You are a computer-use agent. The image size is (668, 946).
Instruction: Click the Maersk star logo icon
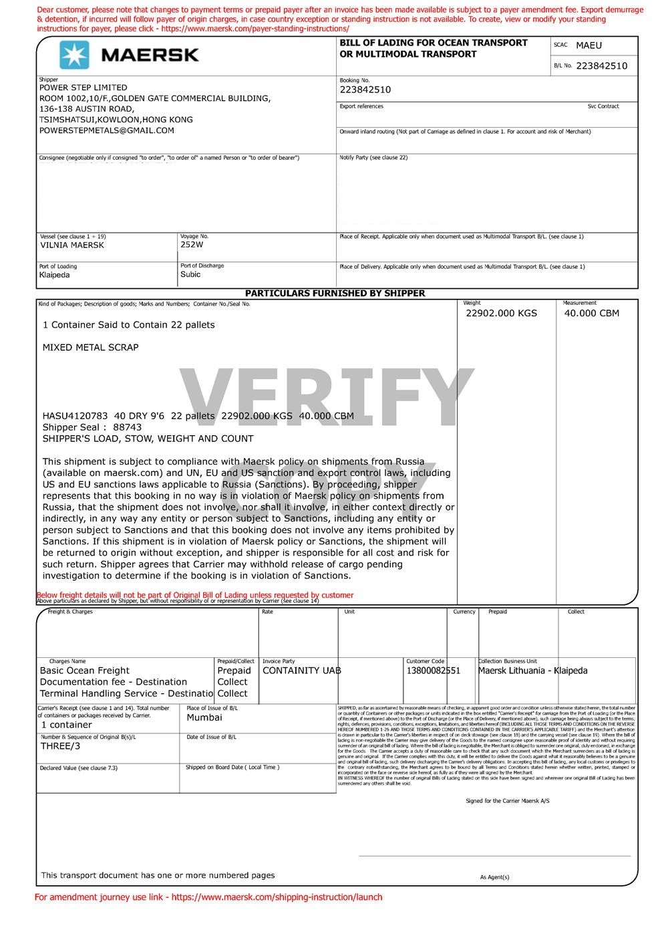coord(74,54)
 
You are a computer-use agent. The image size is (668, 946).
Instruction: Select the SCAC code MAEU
coord(589,45)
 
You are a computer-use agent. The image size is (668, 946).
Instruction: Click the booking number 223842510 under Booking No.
coord(365,90)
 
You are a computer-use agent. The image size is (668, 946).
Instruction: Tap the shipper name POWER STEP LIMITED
coord(83,88)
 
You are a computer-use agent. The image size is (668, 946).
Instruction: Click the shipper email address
coord(107,130)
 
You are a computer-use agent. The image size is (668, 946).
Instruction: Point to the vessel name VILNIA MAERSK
coord(72,245)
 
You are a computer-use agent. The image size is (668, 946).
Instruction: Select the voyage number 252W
coord(191,245)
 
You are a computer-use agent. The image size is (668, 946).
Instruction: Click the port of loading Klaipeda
coord(54,275)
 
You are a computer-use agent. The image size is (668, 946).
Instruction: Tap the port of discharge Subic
coord(190,275)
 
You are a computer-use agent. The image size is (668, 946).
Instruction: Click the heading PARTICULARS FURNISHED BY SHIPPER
coord(335,293)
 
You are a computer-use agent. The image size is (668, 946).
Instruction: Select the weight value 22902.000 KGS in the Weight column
coord(501,314)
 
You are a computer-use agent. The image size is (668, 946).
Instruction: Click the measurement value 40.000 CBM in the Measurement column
coord(591,314)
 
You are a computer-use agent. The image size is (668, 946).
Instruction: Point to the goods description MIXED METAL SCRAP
coord(90,348)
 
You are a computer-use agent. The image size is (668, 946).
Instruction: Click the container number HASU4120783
coord(75,416)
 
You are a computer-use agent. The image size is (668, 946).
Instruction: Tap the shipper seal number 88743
coord(128,427)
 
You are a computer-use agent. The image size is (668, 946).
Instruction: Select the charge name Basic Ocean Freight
coord(85,671)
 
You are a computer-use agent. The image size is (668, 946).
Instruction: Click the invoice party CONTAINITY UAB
coord(301,671)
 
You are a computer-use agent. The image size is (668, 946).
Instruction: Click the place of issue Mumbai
coord(204,718)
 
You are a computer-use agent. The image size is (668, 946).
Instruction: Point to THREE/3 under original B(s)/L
coord(60,746)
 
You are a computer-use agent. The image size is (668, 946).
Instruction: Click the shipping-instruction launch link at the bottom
coord(277,897)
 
